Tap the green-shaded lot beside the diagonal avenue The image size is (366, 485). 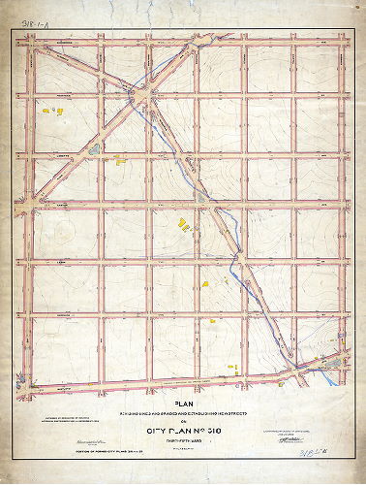point(93,150)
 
